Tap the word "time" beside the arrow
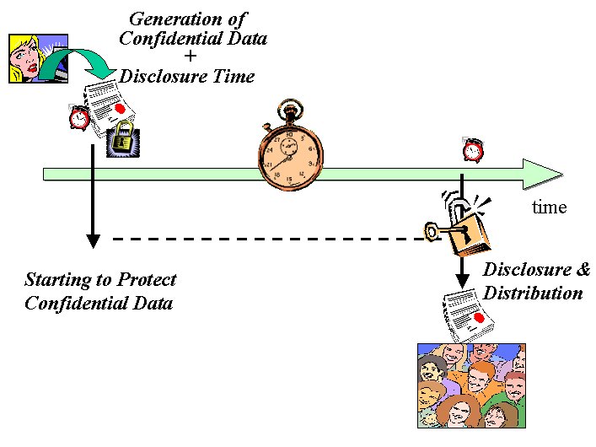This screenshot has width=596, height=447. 549,207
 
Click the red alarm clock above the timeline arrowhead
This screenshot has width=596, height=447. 472,150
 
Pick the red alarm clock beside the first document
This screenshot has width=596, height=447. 80,117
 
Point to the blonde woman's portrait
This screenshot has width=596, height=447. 28,57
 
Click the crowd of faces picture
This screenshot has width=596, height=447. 471,385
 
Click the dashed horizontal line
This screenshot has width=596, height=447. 270,240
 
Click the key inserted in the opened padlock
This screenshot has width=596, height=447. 438,231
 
